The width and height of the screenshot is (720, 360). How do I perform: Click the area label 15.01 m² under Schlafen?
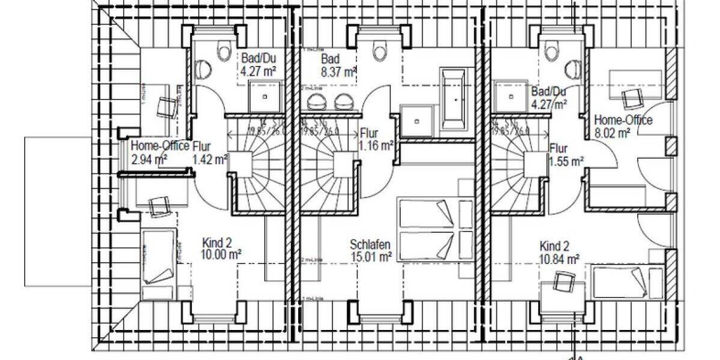point(371,257)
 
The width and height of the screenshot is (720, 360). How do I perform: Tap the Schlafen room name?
point(370,245)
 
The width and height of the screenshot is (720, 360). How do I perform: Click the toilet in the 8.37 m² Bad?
point(380,51)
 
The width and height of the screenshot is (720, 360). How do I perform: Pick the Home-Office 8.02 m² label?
point(622,127)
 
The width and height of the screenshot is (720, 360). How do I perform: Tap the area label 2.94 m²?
point(148,159)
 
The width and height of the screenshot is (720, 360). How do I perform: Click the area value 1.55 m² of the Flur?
point(566,161)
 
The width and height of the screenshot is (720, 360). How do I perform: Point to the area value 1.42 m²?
point(210,159)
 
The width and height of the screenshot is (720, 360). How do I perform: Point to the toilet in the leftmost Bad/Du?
point(224,51)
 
